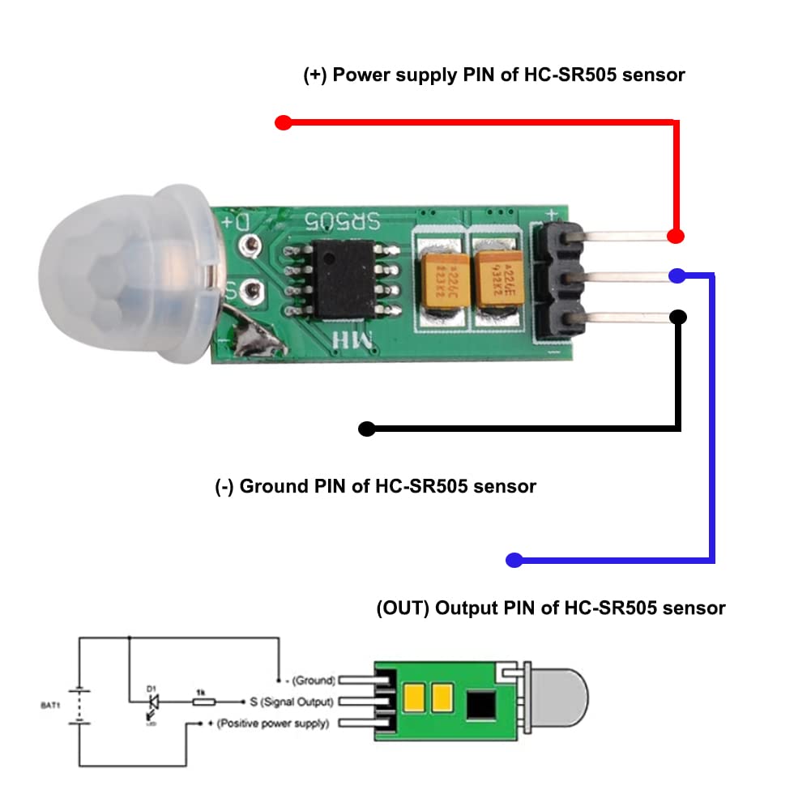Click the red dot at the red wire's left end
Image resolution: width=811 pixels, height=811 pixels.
click(x=283, y=123)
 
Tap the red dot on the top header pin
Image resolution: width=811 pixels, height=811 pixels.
click(x=675, y=236)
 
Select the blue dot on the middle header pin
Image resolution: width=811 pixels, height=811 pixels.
click(x=677, y=275)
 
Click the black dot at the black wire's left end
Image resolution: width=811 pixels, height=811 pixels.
click(x=366, y=429)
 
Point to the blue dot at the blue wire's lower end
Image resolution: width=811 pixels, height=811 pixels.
click(x=513, y=560)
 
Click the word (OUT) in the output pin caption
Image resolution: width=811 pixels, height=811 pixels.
click(x=402, y=608)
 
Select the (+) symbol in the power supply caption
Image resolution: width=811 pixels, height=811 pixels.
click(x=316, y=75)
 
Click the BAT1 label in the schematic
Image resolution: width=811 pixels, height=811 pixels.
click(x=50, y=706)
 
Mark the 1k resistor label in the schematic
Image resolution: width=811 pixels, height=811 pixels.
click(x=200, y=690)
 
